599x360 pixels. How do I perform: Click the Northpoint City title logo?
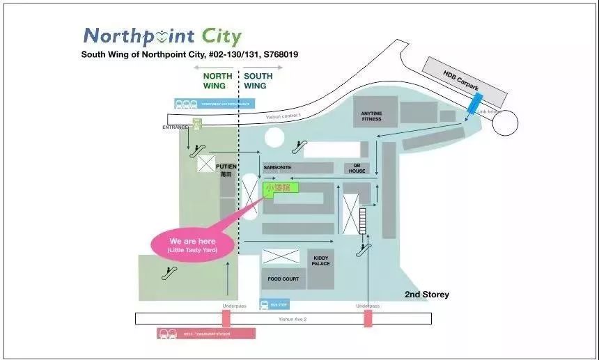tap(162, 36)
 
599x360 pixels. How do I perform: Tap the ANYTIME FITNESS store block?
tap(371, 116)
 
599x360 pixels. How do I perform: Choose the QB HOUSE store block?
tap(357, 168)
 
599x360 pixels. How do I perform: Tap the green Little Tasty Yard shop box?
tap(281, 187)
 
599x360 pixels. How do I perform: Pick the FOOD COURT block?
tap(283, 279)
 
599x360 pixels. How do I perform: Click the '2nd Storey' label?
tap(427, 295)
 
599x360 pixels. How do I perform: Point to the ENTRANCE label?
tap(175, 127)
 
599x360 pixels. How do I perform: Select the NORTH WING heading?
tap(214, 81)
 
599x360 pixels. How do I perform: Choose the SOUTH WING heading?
tap(257, 81)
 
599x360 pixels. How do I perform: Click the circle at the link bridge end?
tap(505, 123)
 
